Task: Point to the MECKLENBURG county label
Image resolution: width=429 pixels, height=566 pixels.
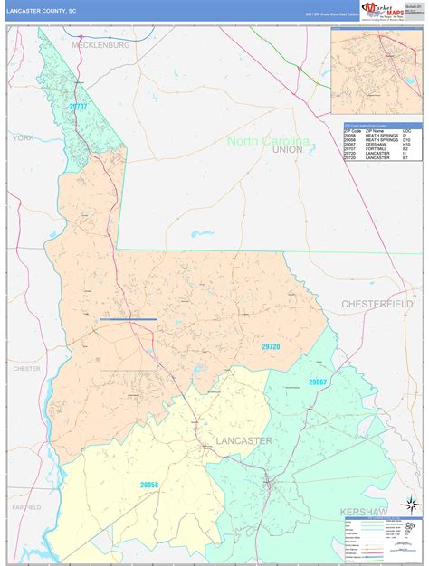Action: point(102,43)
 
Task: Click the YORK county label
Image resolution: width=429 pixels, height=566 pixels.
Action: point(23,137)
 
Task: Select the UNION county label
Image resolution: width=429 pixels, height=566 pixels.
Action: point(287,149)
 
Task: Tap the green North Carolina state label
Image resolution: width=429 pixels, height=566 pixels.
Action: point(268,140)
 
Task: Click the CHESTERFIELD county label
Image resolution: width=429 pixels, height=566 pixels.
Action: point(377,303)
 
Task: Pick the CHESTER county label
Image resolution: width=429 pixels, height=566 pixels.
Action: point(27,369)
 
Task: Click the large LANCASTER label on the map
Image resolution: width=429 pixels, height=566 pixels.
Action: point(243,440)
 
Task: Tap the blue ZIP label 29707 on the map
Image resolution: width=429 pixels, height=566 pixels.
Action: point(79,107)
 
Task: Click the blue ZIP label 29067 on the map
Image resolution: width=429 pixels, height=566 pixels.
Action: point(317,382)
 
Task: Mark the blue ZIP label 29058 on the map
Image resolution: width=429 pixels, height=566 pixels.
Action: point(149,485)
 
